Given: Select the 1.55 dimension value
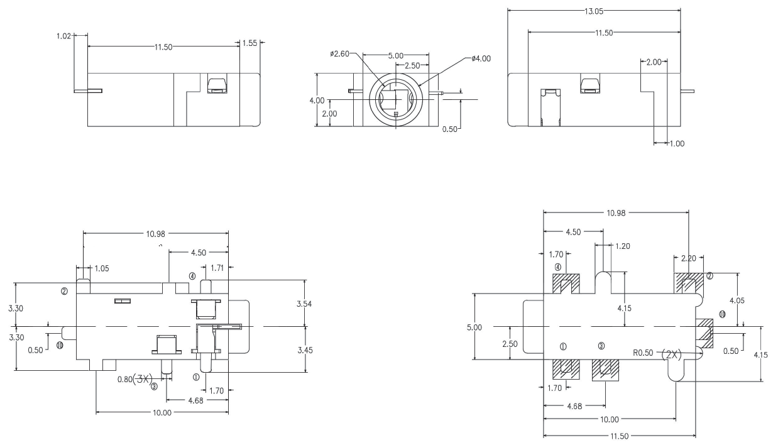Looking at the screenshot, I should pos(249,43).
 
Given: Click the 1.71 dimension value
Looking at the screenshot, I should pos(217,268).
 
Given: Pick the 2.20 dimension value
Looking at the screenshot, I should pos(689,258).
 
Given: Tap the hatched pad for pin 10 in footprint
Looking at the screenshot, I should pos(704,333).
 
